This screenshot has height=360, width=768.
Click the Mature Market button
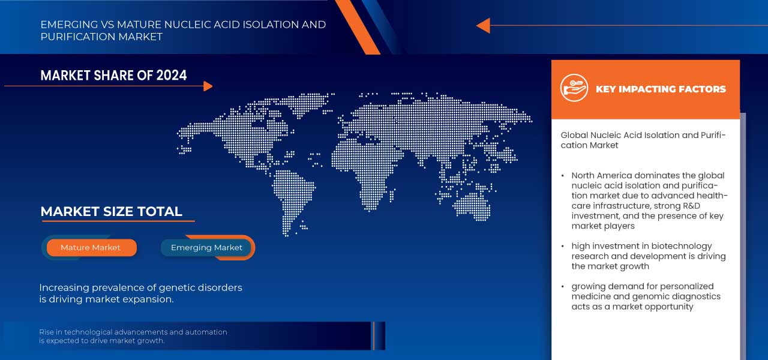(x=91, y=247)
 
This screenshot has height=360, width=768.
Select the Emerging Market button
(x=206, y=247)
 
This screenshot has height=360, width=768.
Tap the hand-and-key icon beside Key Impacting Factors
(x=574, y=88)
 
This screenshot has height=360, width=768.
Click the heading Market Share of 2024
(x=113, y=75)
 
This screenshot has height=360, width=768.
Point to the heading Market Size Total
(x=111, y=211)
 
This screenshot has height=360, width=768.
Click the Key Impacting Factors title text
(x=661, y=89)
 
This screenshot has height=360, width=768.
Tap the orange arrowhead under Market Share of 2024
(x=208, y=86)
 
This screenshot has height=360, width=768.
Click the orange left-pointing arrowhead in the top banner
(x=483, y=25)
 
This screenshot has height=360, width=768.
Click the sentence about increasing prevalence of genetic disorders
(x=140, y=293)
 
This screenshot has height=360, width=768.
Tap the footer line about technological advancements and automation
(x=133, y=336)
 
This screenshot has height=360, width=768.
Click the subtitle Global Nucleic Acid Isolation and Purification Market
(x=643, y=140)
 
